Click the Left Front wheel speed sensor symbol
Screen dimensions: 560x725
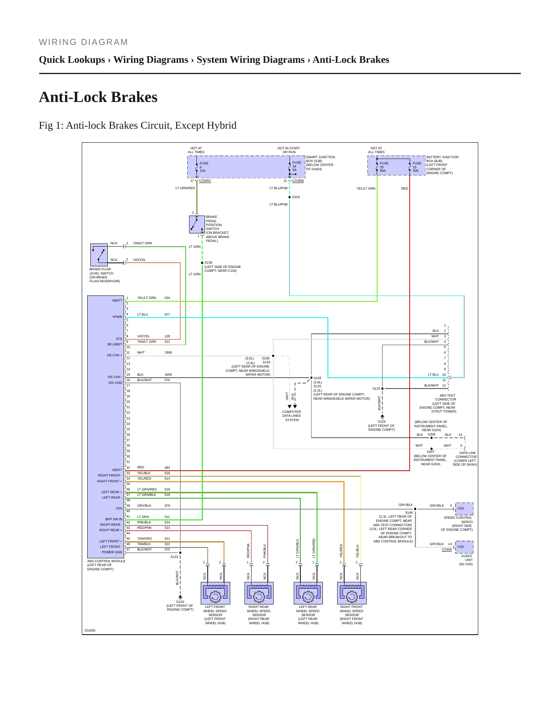coord(215,593)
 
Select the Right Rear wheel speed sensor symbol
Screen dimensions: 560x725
coord(259,593)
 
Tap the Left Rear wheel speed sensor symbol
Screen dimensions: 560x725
coord(308,593)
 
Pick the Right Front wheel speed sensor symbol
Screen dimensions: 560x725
coord(352,593)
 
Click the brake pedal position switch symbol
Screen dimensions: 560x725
coord(197,224)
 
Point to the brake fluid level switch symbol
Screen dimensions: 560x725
coord(99,255)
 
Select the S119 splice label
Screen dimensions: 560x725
coord(296,197)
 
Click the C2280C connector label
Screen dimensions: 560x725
coord(205,181)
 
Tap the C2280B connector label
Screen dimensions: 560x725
coord(298,181)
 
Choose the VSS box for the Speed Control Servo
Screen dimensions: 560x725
coord(464,508)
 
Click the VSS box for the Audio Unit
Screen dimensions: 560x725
coord(464,547)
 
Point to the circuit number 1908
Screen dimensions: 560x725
coord(168,352)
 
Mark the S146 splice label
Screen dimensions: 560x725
coord(409,513)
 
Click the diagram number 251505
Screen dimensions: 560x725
coord(90,630)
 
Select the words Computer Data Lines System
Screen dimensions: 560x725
coord(291,416)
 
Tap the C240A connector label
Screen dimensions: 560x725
coord(446,549)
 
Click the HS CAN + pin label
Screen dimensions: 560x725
coord(114,355)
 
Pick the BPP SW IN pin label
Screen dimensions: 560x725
coord(114,519)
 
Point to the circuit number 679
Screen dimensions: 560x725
coord(167,506)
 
